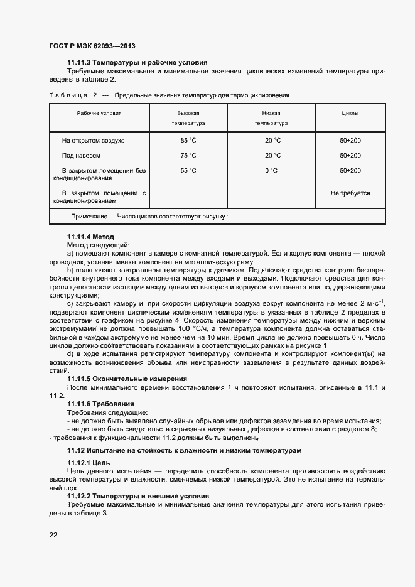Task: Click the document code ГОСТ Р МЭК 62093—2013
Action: [x=92, y=46]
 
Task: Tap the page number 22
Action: [x=53, y=534]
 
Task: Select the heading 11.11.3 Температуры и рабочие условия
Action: [x=137, y=62]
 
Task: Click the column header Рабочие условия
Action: [x=99, y=113]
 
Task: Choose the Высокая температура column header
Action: [x=188, y=118]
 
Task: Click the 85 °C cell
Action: [x=188, y=140]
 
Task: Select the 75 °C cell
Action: [x=188, y=155]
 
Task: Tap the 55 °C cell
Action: [x=188, y=170]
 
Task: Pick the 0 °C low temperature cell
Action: [x=271, y=170]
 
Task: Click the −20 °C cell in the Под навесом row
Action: [x=271, y=155]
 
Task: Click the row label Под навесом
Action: [x=81, y=155]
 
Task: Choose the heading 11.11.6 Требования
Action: [x=100, y=403]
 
